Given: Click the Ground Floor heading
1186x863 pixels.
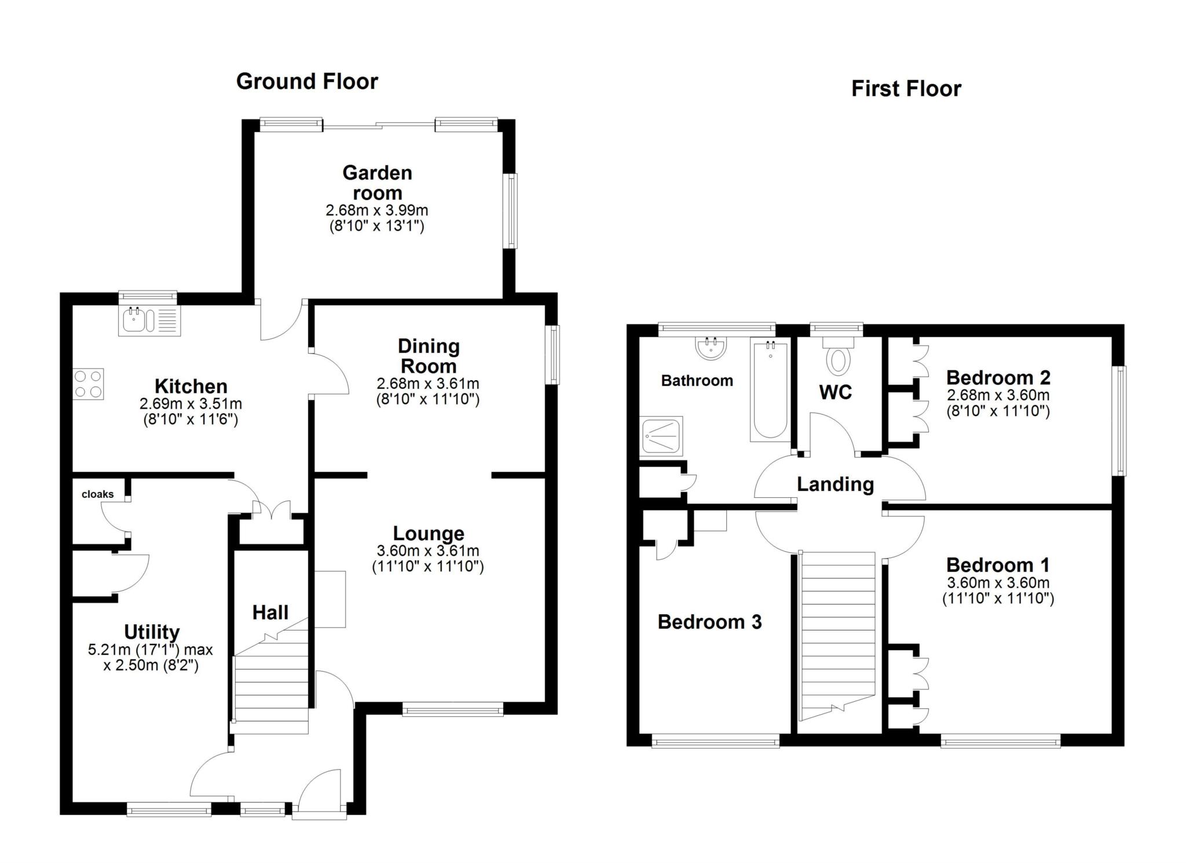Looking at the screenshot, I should click(307, 82).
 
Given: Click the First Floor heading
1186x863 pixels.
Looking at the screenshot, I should click(906, 89).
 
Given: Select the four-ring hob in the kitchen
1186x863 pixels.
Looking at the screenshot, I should click(89, 384).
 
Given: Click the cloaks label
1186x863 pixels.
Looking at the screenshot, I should click(97, 494).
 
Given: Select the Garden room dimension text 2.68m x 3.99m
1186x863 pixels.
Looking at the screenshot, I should click(376, 210).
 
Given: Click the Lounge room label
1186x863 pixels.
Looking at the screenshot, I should click(429, 533).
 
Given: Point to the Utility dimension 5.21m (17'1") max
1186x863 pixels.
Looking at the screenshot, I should click(151, 650).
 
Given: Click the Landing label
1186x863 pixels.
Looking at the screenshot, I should click(835, 484).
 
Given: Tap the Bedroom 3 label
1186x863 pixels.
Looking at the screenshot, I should click(709, 622).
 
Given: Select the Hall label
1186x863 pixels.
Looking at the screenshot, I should click(270, 613).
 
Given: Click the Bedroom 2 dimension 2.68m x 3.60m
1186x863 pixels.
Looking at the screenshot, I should click(998, 396).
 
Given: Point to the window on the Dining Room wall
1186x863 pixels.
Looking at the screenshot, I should click(555, 354).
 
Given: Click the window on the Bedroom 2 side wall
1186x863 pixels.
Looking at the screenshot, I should click(1121, 421).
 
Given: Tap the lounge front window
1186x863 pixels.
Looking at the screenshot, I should click(453, 708).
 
